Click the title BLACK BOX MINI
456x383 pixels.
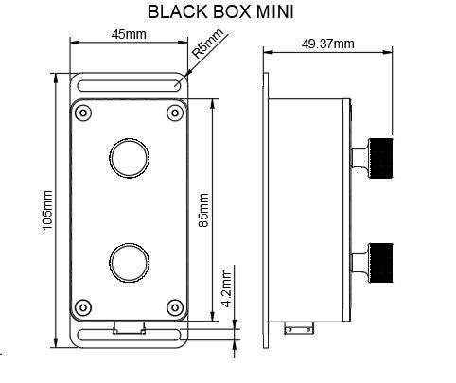227,12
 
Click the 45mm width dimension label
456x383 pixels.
129,34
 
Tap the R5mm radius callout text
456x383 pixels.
209,44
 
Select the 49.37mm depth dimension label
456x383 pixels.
327,44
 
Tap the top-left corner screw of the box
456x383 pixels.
84,113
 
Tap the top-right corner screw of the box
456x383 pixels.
174,113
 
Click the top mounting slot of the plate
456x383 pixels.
129,85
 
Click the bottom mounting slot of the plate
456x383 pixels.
129,335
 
